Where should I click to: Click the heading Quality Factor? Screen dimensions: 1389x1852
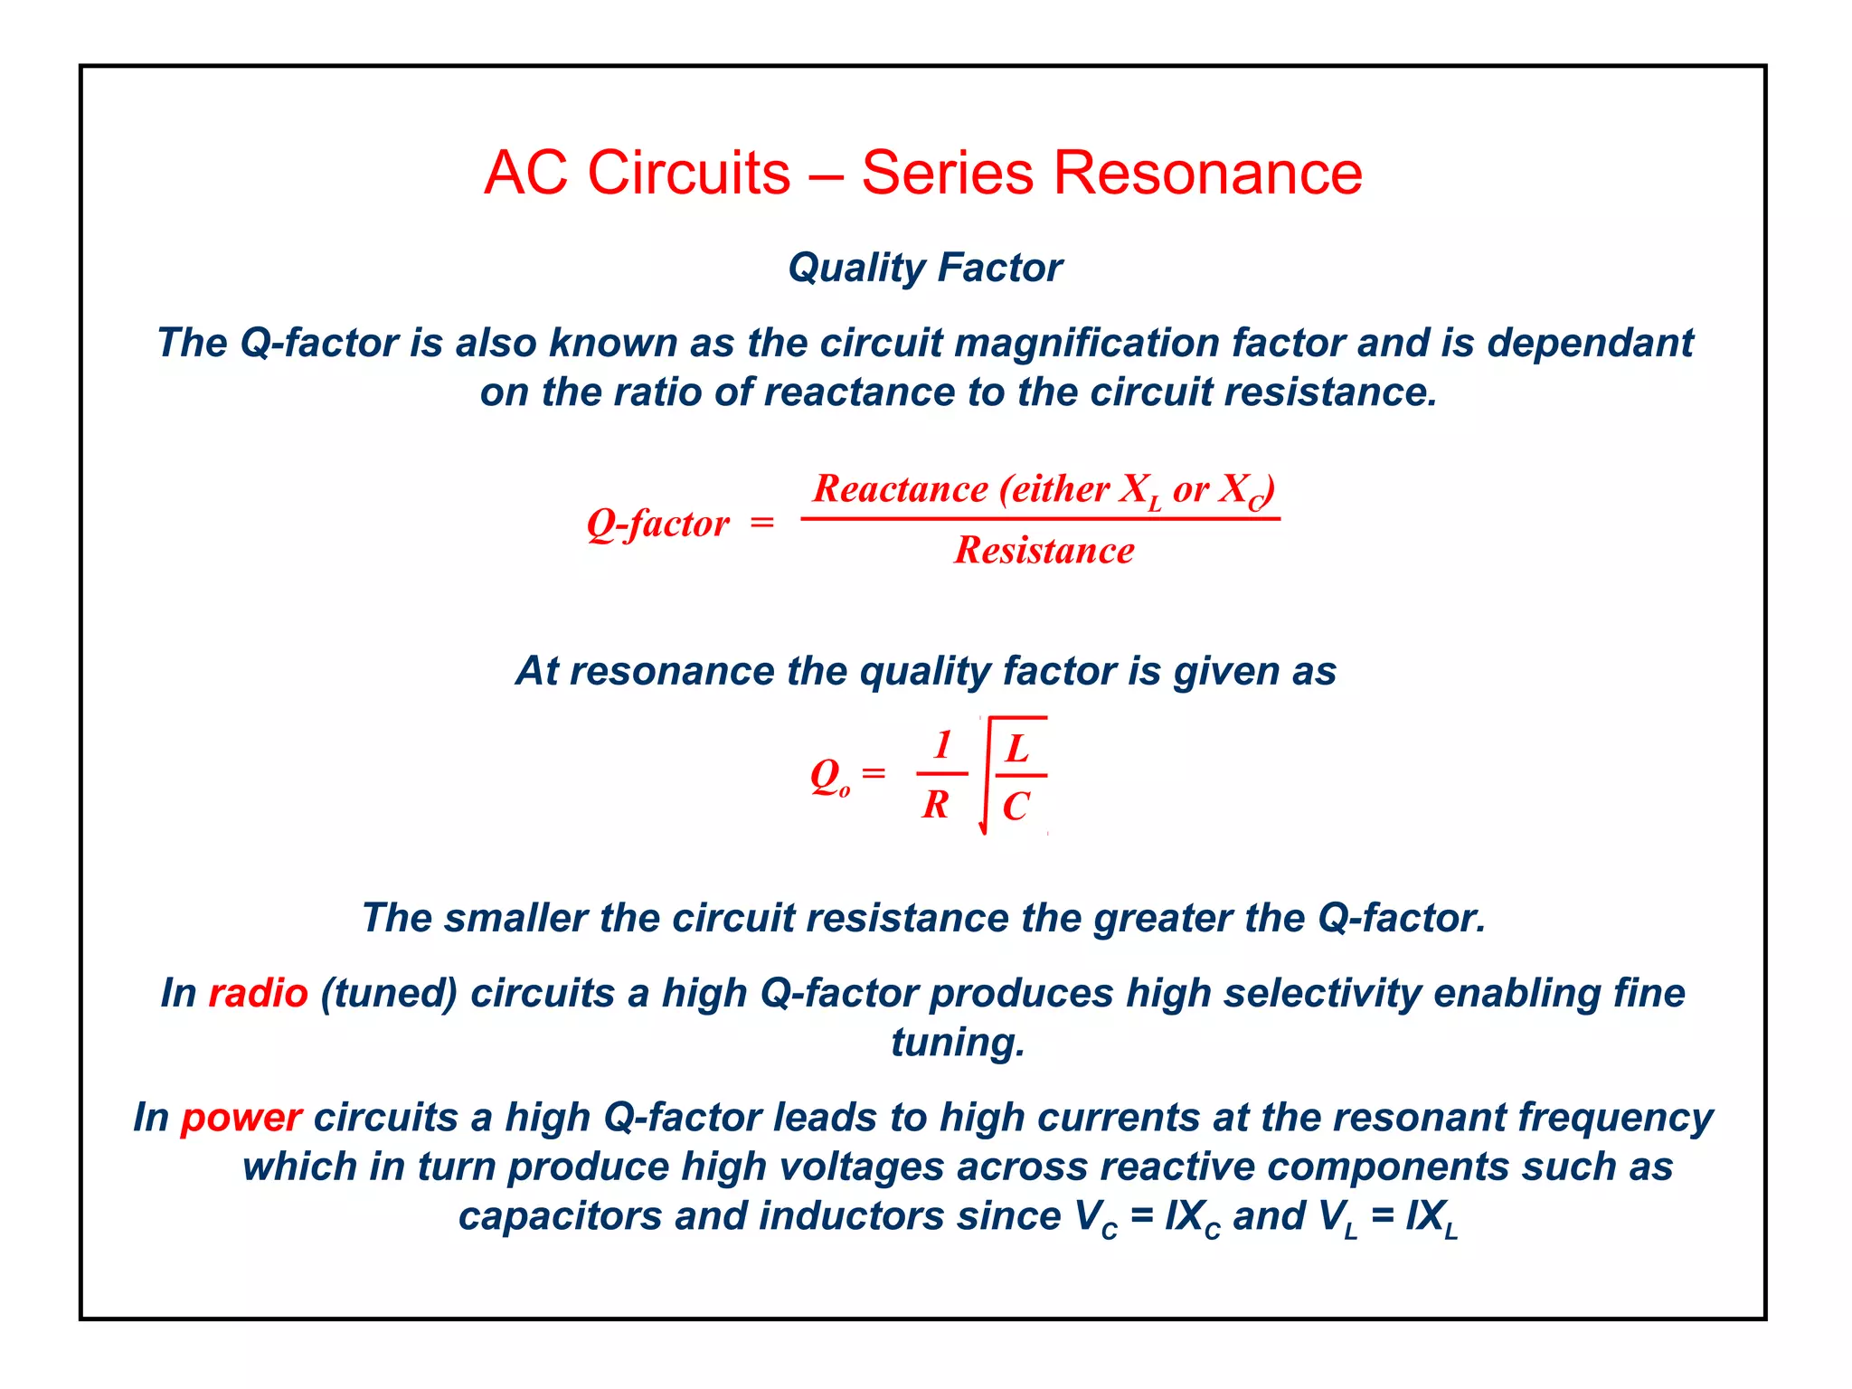coord(925,268)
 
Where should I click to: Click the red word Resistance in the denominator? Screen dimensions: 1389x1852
coord(1044,550)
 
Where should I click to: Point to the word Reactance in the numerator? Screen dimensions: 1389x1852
coord(900,489)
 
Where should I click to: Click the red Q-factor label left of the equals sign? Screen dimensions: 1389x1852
coord(657,524)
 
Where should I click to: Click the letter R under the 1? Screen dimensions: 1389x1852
coord(936,804)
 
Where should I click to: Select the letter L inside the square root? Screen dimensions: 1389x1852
coord(1018,749)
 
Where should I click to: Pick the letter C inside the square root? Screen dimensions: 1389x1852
coord(1016,806)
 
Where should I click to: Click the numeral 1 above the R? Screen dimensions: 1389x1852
coord(942,745)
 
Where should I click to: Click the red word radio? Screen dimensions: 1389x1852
coord(258,993)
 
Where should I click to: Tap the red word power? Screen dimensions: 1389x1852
coord(241,1118)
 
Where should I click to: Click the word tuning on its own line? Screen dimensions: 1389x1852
coord(957,1043)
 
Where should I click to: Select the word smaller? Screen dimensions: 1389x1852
coord(515,918)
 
